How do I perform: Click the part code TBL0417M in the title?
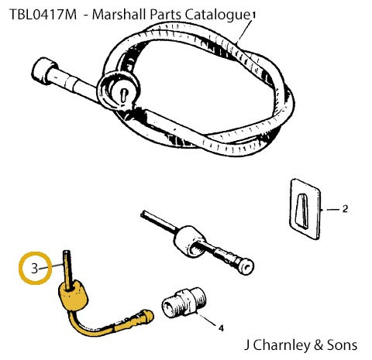tap(43, 14)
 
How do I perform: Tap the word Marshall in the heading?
tap(119, 14)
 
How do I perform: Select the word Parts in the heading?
tap(165, 14)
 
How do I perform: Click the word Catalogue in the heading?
tap(218, 15)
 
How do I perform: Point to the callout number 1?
tap(253, 15)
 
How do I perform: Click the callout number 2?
tap(345, 209)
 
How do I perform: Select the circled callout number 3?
tap(35, 269)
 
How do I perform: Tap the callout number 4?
tap(221, 328)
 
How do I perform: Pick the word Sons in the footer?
tap(342, 345)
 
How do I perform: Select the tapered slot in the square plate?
tap(301, 211)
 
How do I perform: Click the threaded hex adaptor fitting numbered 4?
tap(184, 303)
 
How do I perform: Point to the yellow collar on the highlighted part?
tap(73, 296)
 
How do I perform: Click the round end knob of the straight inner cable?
tap(246, 266)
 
